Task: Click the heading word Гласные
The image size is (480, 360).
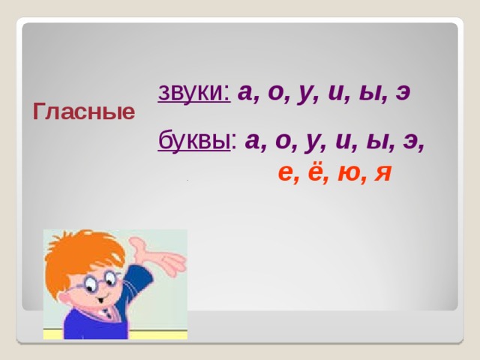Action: pyautogui.click(x=84, y=113)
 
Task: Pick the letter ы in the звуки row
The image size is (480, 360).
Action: pyautogui.click(x=367, y=94)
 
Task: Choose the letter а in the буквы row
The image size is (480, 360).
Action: pyautogui.click(x=253, y=142)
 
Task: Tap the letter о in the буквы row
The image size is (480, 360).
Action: pyautogui.click(x=283, y=142)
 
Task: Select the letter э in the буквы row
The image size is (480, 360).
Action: pyautogui.click(x=411, y=142)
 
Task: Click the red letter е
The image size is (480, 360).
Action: pyautogui.click(x=284, y=174)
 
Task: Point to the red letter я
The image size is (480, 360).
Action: pyautogui.click(x=382, y=174)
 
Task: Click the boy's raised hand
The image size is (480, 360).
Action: pyautogui.click(x=161, y=256)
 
